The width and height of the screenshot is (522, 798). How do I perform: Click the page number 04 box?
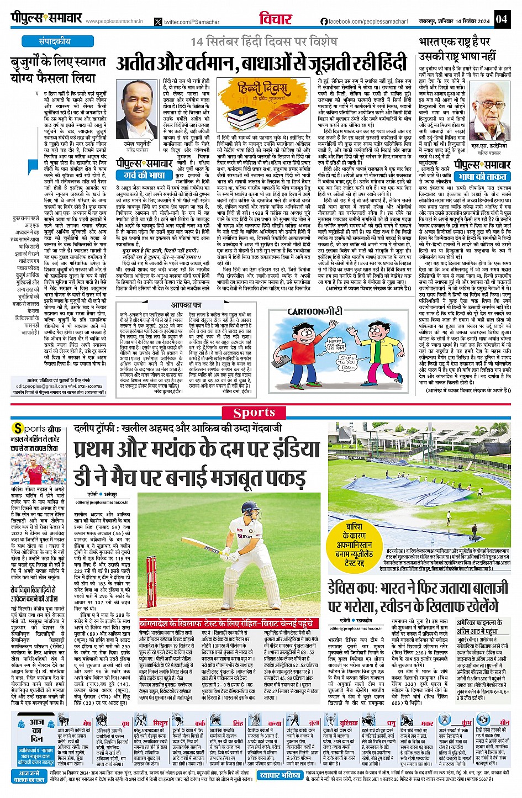coord(501,19)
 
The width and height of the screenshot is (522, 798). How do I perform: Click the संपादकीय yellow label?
coord(54,41)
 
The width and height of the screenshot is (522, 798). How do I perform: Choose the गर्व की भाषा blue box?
coord(145,175)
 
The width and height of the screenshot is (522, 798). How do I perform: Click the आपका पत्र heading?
coord(186,305)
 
